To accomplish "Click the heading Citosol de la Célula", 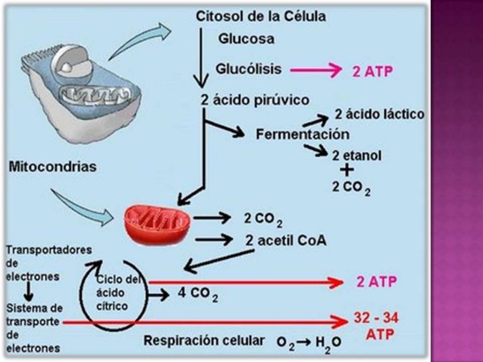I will point(261,16).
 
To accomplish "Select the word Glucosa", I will point(246,39).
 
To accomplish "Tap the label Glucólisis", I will point(249,69).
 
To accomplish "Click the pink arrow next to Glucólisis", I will point(316,71).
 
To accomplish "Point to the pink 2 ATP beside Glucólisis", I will point(373,72).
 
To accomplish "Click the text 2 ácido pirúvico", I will point(255,100).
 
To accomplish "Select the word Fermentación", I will point(302,134).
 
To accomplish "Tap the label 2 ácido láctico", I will point(379,115).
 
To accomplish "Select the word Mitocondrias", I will point(52,166).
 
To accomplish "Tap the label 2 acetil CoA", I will point(285,240).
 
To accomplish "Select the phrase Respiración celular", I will point(204,341).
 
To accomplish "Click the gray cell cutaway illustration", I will point(80,90).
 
